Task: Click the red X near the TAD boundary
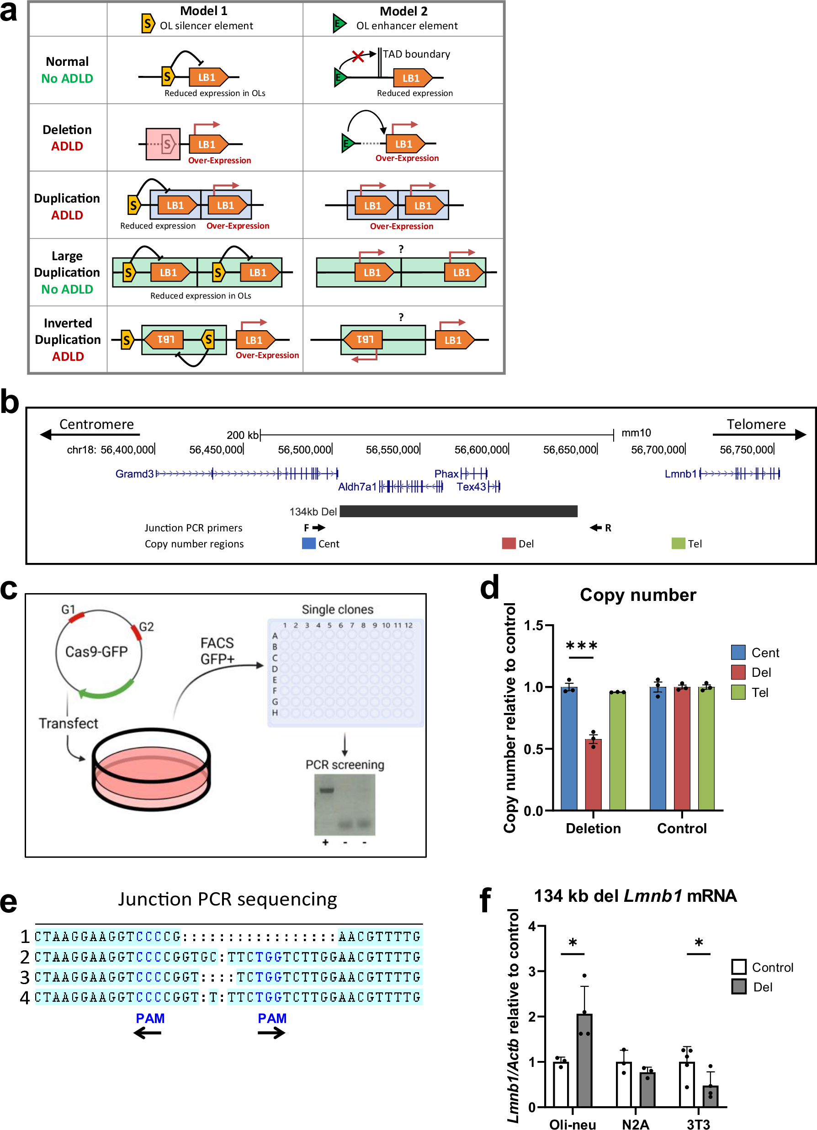point(357,56)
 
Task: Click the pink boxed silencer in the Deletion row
point(163,145)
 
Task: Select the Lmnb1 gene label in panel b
point(680,474)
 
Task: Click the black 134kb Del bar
point(458,511)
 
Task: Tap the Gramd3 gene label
point(134,474)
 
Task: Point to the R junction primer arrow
point(596,528)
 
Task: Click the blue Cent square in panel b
point(309,543)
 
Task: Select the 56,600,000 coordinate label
point(481,450)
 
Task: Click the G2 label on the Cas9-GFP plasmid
point(146,627)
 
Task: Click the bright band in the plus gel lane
point(326,790)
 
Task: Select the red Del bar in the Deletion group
point(593,775)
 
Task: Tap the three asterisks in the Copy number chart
point(581,647)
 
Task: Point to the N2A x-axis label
point(635,1124)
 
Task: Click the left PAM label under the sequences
point(150,1018)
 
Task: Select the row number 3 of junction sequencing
point(25,978)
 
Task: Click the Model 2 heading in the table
point(403,11)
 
